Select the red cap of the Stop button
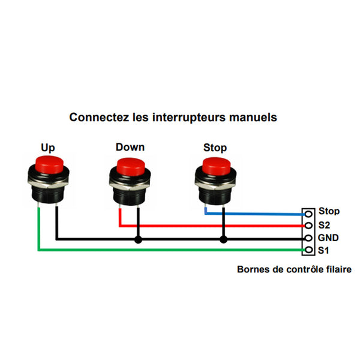(215, 164)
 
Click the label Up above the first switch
(48, 147)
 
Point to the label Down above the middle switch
(130, 147)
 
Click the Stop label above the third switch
(215, 148)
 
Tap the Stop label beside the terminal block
(329, 211)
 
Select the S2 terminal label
(325, 224)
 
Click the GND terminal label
(328, 237)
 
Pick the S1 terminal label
(324, 250)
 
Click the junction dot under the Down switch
(139, 239)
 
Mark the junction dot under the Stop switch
(224, 239)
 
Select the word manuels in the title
(253, 117)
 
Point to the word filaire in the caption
(338, 269)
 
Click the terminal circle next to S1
(308, 250)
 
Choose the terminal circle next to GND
(308, 238)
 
